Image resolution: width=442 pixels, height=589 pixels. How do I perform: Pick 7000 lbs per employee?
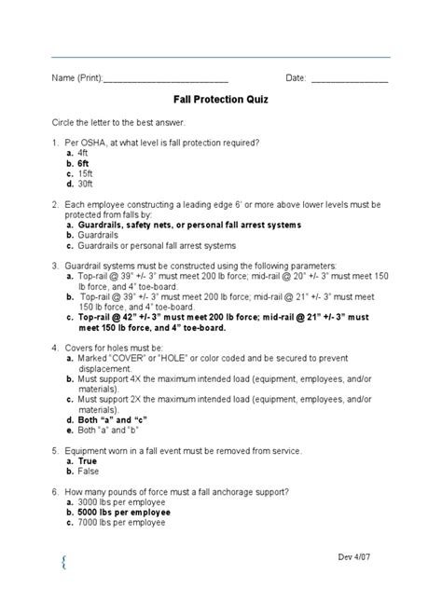[128, 523]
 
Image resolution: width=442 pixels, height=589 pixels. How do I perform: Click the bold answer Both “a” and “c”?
[116, 419]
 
